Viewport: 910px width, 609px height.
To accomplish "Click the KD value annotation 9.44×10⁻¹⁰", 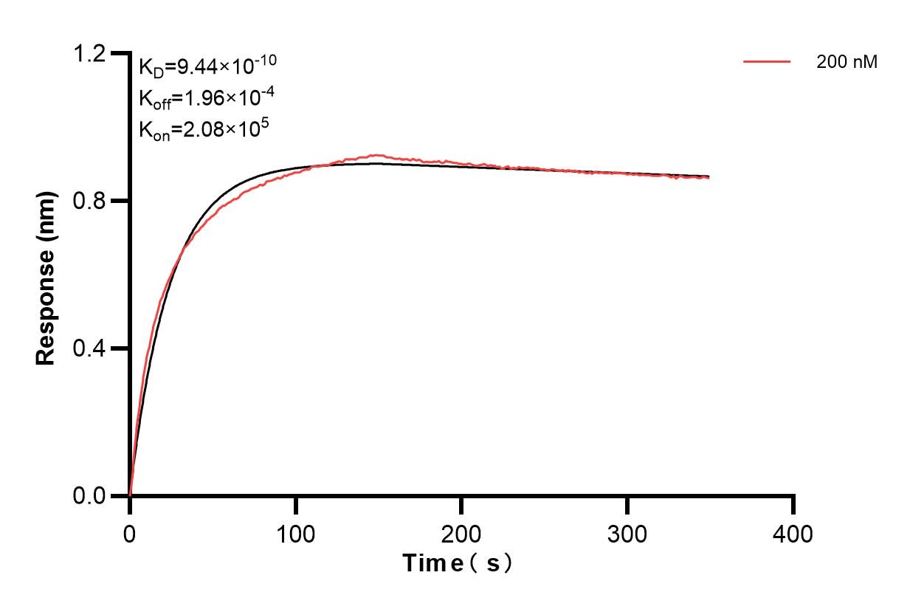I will coord(207,68).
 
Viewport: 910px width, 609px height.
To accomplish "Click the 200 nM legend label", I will coord(847,63).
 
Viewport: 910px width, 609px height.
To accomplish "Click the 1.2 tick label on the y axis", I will coord(90,53).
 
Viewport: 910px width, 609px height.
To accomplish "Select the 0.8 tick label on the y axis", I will coord(90,201).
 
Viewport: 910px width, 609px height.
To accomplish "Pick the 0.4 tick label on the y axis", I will coord(90,348).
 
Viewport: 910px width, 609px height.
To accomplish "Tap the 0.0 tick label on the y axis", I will coord(90,496).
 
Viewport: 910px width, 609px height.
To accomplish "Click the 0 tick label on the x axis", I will coord(130,533).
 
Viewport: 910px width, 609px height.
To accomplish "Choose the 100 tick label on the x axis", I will coord(296,533).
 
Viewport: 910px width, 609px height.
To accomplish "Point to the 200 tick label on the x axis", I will coord(462,533).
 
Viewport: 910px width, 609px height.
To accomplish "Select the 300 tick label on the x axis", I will coord(627,533).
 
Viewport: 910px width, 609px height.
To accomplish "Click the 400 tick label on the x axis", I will coord(793,533).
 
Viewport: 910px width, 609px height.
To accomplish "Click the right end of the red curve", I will coord(709,178).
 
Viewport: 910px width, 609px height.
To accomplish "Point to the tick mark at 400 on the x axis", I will coord(793,504).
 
